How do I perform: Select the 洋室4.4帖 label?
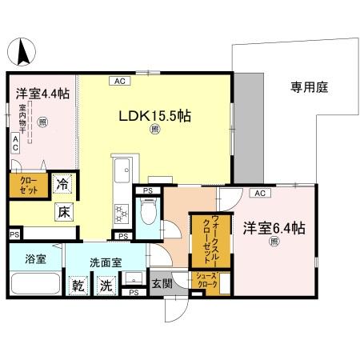(x=42, y=94)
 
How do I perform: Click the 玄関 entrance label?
(x=162, y=282)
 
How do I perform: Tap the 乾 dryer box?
(x=78, y=285)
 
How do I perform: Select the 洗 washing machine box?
(x=104, y=285)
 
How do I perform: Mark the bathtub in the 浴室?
(x=35, y=286)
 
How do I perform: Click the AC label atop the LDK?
(x=118, y=81)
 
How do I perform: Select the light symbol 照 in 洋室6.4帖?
(x=274, y=242)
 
